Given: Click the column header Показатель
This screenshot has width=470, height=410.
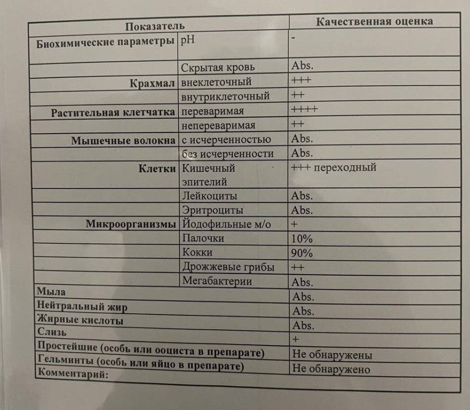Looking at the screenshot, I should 154,26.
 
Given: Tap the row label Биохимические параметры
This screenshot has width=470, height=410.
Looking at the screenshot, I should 106,43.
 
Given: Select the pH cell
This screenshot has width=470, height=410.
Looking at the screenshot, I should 188,40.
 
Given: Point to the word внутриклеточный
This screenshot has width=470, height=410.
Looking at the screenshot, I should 225,97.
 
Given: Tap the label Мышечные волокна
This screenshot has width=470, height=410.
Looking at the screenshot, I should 123,140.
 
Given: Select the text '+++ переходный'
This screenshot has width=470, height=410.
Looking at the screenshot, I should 333,168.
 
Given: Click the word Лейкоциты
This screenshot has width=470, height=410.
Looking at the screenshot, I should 209,196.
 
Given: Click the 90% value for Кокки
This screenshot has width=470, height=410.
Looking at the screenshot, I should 302,253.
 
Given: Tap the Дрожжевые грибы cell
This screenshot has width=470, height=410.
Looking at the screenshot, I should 228,267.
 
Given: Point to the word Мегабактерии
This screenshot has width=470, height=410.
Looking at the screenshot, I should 217,281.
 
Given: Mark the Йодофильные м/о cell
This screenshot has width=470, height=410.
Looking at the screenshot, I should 226,224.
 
